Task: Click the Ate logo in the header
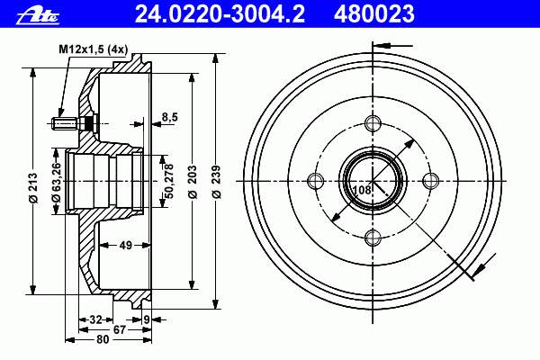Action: point(38,16)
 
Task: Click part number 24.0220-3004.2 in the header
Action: point(220,14)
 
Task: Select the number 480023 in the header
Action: point(374,14)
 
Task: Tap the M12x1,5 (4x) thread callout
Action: point(93,49)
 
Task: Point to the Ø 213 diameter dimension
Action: point(32,188)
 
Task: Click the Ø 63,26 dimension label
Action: point(56,182)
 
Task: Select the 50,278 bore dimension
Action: point(169,181)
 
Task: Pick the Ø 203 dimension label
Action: point(193,182)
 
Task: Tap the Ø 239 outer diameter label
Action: point(216,182)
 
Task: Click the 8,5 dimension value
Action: point(170,117)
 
